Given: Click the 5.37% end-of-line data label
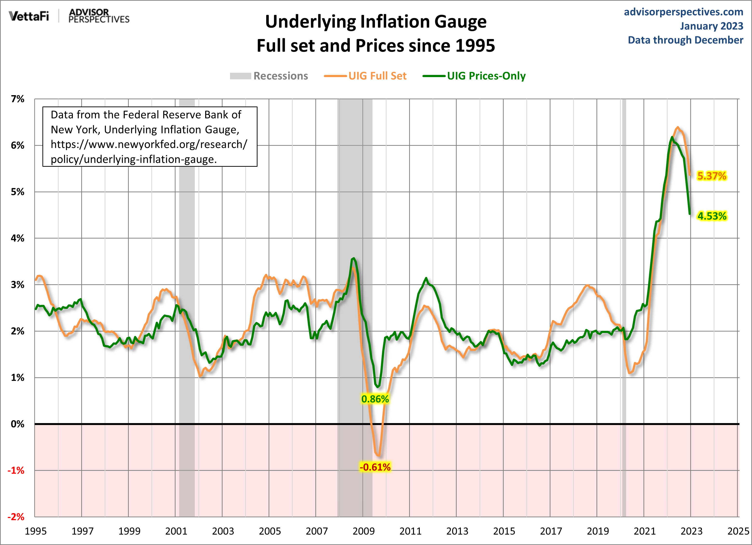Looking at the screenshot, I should pyautogui.click(x=711, y=176).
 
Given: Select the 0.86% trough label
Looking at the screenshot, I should pyautogui.click(x=375, y=399).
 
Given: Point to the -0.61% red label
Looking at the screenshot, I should pyautogui.click(x=375, y=467).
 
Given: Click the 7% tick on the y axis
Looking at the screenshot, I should pyautogui.click(x=18, y=99).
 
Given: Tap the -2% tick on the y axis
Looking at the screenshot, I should pyautogui.click(x=16, y=517).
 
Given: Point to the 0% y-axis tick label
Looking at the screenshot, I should pyautogui.click(x=18, y=424).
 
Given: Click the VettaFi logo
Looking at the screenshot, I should pyautogui.click(x=29, y=16).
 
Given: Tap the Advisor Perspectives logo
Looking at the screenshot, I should pyautogui.click(x=99, y=16).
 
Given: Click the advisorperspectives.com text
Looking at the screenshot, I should pyautogui.click(x=683, y=12).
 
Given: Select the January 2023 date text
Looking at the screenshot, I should pyautogui.click(x=711, y=26).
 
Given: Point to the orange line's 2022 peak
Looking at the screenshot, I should pyautogui.click(x=677, y=127).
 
